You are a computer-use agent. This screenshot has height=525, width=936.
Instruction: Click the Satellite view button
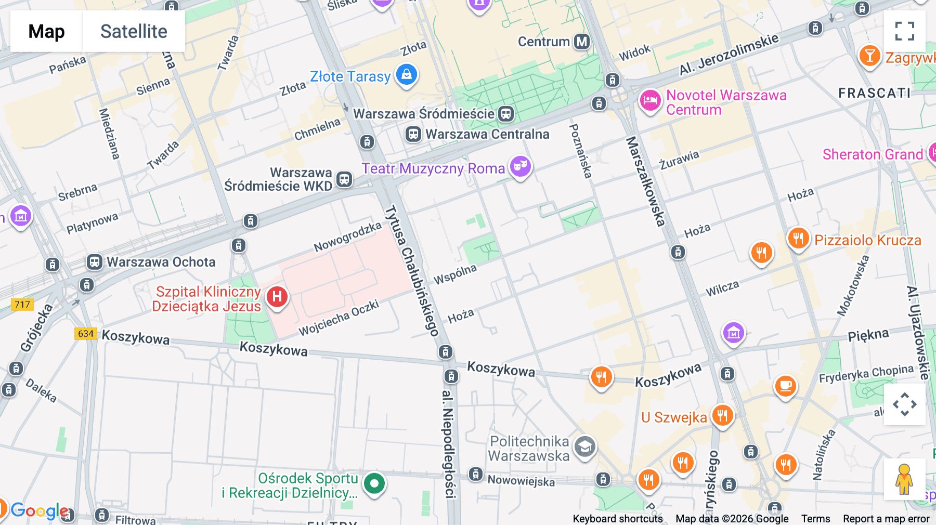click(134, 31)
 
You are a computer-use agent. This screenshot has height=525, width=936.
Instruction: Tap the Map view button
click(46, 31)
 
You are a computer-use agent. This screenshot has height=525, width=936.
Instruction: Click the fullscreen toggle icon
click(904, 31)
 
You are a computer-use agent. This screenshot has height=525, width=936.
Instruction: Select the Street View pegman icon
click(904, 479)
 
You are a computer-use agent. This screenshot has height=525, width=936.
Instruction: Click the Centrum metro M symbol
click(582, 42)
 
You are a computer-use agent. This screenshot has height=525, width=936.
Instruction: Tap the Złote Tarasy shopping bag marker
click(407, 74)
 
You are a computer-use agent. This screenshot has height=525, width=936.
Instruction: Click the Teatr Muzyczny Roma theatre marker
click(520, 166)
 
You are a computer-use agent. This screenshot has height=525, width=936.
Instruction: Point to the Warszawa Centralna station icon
click(413, 134)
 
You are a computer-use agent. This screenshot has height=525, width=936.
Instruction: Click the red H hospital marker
click(277, 297)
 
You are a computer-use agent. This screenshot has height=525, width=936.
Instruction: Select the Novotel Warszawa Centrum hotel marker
click(650, 100)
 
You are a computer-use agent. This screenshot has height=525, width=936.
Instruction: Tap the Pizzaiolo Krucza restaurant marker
click(798, 239)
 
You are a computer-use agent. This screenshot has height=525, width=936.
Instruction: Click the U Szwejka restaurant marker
click(722, 415)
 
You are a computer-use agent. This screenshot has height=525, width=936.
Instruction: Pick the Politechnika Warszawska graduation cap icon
click(585, 447)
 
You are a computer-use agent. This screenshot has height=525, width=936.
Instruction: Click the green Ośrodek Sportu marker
click(374, 483)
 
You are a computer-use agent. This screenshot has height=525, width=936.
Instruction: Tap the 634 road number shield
click(86, 334)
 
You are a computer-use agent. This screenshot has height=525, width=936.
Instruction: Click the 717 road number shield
click(22, 305)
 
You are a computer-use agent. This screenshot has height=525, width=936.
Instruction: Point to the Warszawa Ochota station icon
click(94, 261)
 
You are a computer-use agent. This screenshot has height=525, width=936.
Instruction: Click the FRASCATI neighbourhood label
click(874, 93)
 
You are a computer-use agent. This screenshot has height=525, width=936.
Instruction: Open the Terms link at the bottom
click(815, 519)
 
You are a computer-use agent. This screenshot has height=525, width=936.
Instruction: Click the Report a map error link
click(886, 519)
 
